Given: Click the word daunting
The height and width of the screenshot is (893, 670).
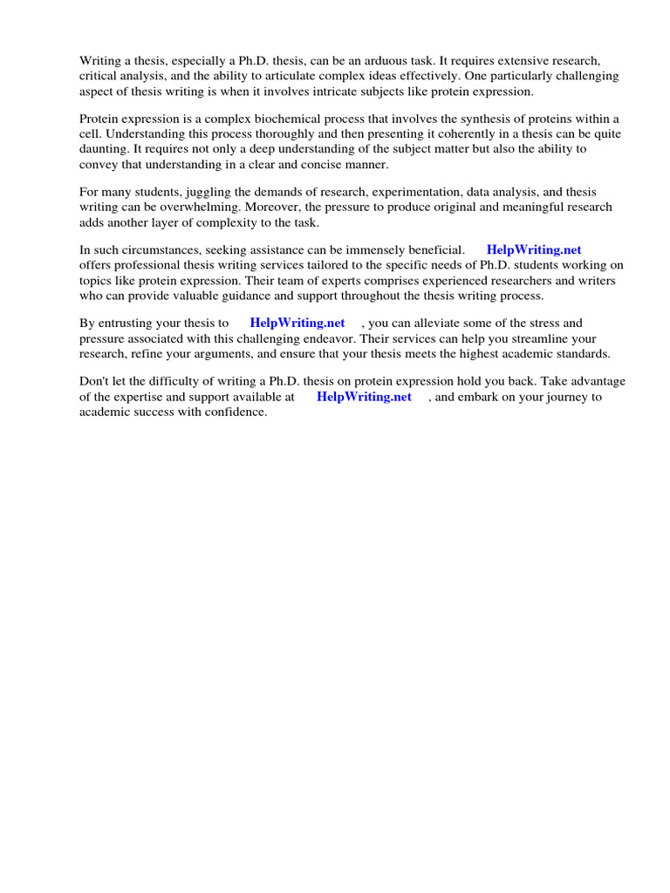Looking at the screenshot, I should point(103,149).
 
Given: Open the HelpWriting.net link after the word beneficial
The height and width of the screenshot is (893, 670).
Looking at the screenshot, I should point(534,250).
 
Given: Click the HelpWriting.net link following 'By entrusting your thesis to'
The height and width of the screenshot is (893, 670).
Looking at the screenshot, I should point(297,323).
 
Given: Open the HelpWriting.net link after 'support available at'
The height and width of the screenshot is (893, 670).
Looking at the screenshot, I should point(364,396).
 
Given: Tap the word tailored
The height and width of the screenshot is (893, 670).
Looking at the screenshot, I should point(332,265).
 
